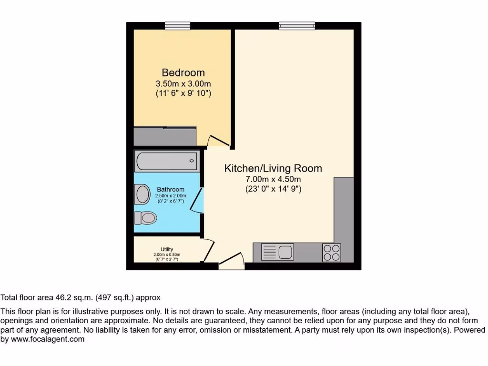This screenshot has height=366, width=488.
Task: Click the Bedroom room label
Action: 183,73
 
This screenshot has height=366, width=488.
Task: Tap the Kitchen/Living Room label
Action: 273,168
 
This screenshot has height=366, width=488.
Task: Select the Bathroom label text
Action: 171,190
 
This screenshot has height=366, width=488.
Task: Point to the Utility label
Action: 167,249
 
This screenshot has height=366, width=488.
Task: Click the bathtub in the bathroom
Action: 167,161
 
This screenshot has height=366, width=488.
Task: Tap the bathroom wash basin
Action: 142,194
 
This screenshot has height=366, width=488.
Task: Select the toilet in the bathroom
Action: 145,218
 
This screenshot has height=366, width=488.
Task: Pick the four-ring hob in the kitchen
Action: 332,252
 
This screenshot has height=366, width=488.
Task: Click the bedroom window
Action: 178,26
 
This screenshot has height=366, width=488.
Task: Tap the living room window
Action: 297,26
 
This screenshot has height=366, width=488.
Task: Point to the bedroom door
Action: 219,141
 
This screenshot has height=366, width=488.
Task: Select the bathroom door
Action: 196,200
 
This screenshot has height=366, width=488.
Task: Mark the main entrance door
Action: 232,262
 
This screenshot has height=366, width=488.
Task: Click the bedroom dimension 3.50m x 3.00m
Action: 183,84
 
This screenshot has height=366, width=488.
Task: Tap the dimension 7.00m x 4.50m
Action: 273,179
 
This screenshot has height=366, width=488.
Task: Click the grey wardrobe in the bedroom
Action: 165,136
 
